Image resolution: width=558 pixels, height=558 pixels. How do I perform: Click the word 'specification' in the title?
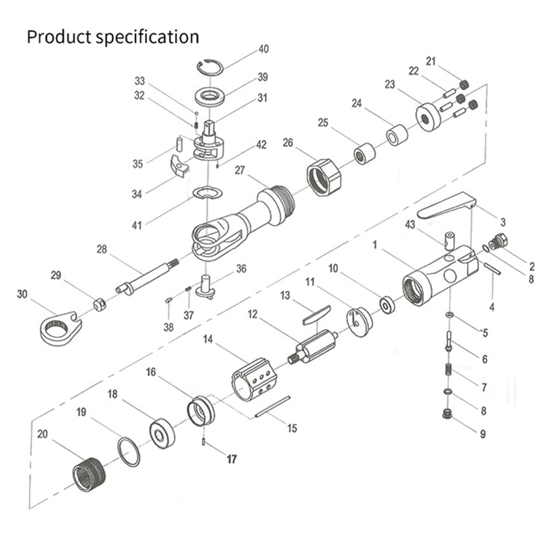tap(147, 37)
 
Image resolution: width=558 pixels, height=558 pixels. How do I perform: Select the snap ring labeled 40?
tap(210, 66)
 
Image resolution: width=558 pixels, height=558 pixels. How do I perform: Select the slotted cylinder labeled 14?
tap(254, 379)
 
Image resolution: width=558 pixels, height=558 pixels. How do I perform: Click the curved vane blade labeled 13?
tap(316, 314)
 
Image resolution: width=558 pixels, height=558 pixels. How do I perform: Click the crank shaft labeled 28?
tap(146, 276)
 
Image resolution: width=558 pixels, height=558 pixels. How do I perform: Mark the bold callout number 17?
tap(231, 459)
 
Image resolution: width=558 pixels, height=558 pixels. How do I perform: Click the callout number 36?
tap(241, 269)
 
